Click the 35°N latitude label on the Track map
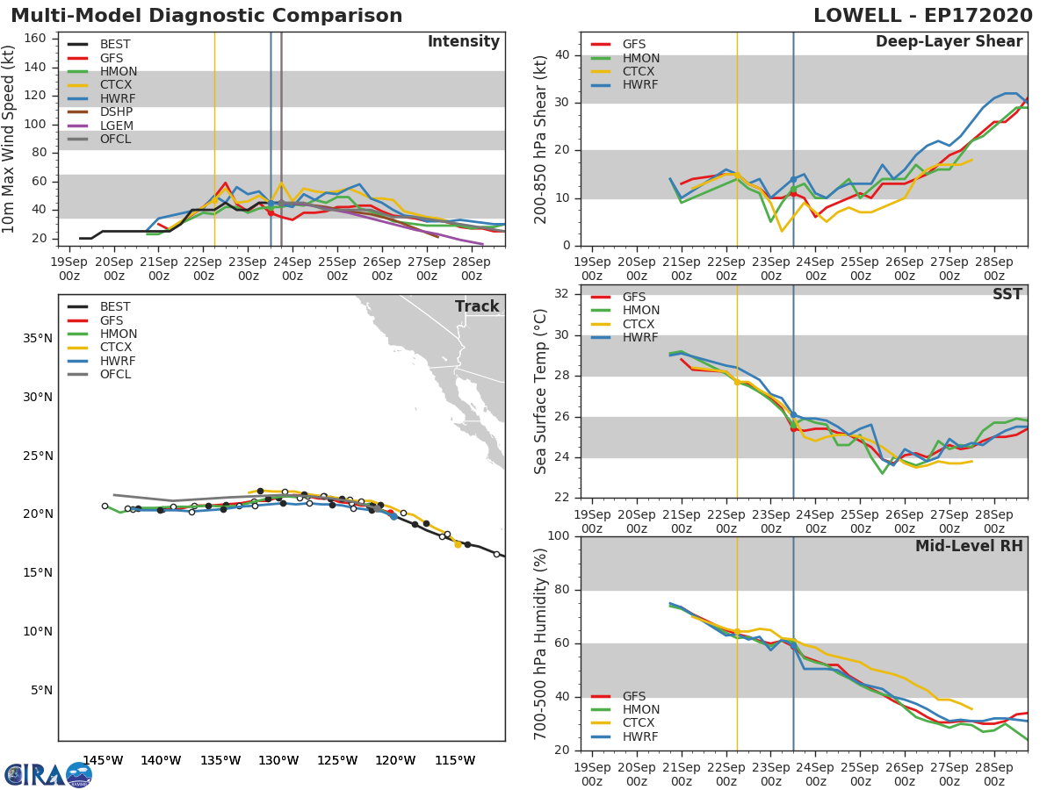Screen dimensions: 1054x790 [38, 339]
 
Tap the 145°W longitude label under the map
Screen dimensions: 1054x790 [104, 760]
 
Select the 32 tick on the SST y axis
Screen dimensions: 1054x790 [562, 293]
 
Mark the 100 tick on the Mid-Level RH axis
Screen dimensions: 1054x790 [559, 535]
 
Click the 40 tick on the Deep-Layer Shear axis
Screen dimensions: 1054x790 [562, 54]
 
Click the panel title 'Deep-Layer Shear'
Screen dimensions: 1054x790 [949, 42]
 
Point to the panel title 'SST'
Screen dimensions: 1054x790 [1007, 294]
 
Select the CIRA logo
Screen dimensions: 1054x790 [47, 775]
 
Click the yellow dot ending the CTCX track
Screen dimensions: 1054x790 [458, 545]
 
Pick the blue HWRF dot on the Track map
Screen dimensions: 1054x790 [393, 517]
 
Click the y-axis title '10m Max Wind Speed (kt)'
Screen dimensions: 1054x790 [8, 139]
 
